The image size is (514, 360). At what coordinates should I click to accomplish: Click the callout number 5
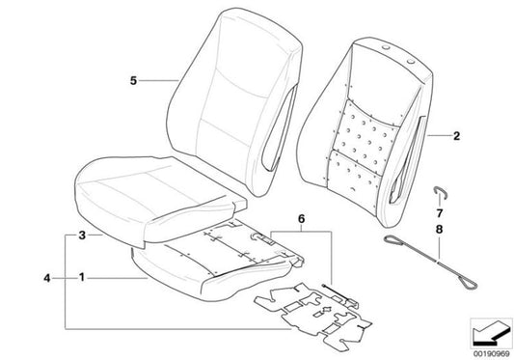(133, 81)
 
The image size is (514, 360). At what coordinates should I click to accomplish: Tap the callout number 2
(458, 138)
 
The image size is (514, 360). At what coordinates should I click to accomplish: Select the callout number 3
(83, 235)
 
